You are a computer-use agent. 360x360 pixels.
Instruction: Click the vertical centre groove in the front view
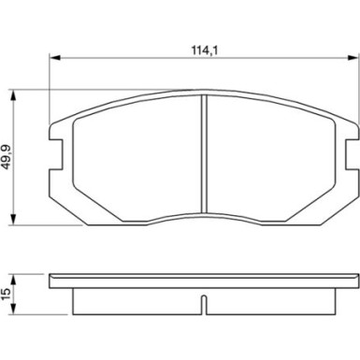(203, 159)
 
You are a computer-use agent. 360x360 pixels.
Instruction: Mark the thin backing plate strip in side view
(203, 281)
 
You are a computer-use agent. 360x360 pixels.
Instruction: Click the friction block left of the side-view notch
(136, 301)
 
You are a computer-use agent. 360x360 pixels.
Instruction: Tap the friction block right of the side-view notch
(271, 301)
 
